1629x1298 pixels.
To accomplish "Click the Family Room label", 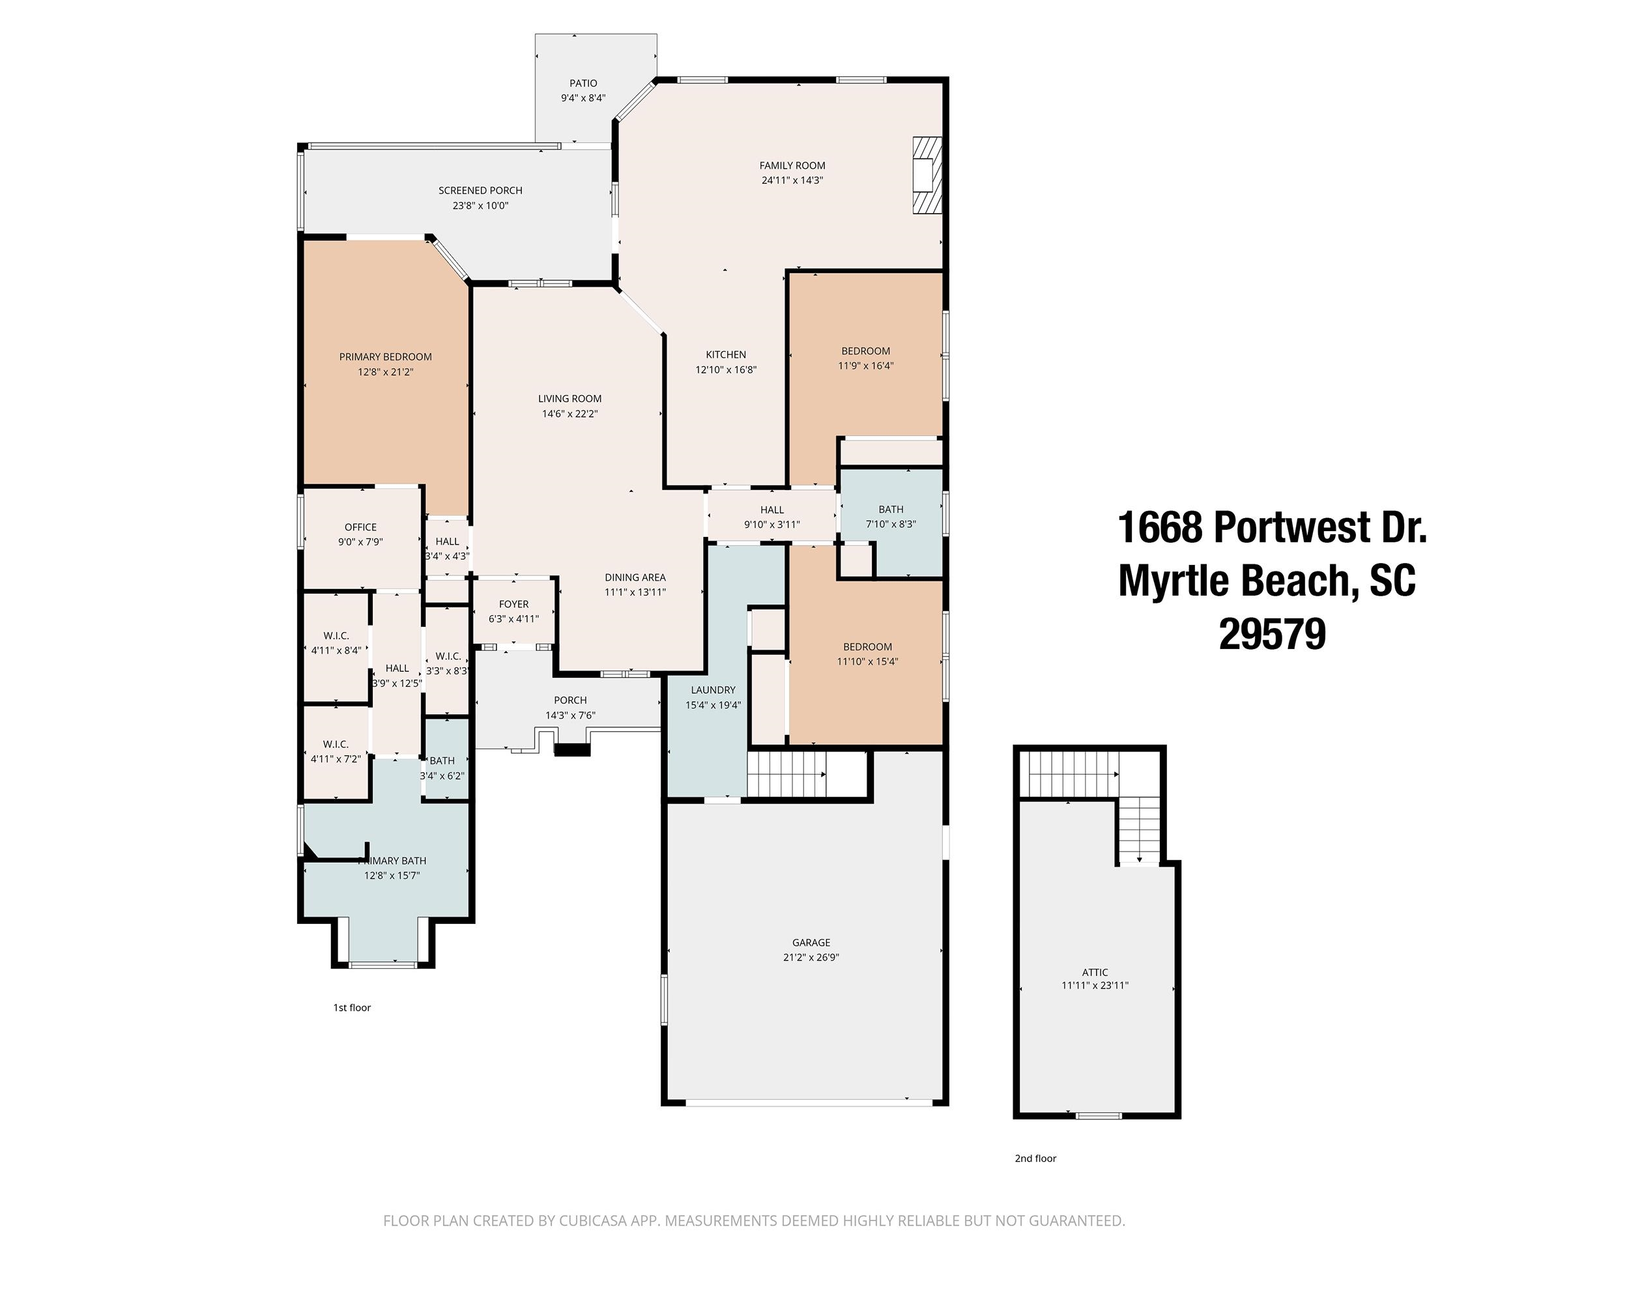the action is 792,166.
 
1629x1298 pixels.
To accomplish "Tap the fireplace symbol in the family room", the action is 928,175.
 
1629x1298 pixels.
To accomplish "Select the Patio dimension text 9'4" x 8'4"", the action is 583,98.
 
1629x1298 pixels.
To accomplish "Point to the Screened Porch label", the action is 480,190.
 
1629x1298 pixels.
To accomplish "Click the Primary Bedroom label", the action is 385,356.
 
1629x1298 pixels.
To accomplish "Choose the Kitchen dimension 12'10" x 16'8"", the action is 726,369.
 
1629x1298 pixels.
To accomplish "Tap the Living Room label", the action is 569,398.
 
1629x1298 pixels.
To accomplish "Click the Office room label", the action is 360,526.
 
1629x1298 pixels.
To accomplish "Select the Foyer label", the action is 513,603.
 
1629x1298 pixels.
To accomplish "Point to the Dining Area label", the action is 635,577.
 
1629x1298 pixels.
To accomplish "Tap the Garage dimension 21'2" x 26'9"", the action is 811,957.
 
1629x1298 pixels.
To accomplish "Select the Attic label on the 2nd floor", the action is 1095,972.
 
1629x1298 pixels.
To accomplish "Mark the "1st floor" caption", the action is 352,1007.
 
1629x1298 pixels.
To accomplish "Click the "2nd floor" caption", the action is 1035,1158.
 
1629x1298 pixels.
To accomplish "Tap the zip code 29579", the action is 1273,635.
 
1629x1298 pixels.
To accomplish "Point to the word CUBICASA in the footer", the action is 595,1221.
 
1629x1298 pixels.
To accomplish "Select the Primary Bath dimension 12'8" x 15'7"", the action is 392,876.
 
